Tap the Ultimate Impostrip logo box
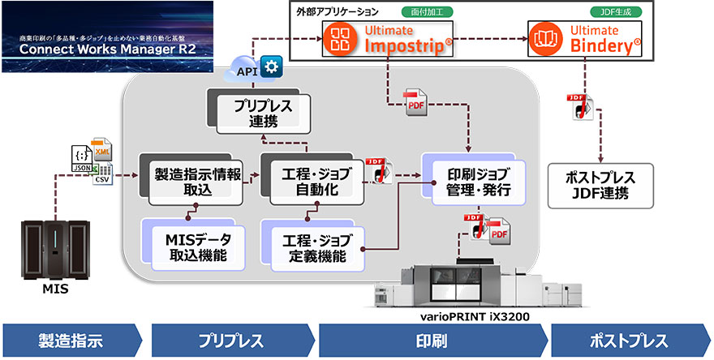coord(387,38)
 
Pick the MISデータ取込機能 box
coord(194,244)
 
